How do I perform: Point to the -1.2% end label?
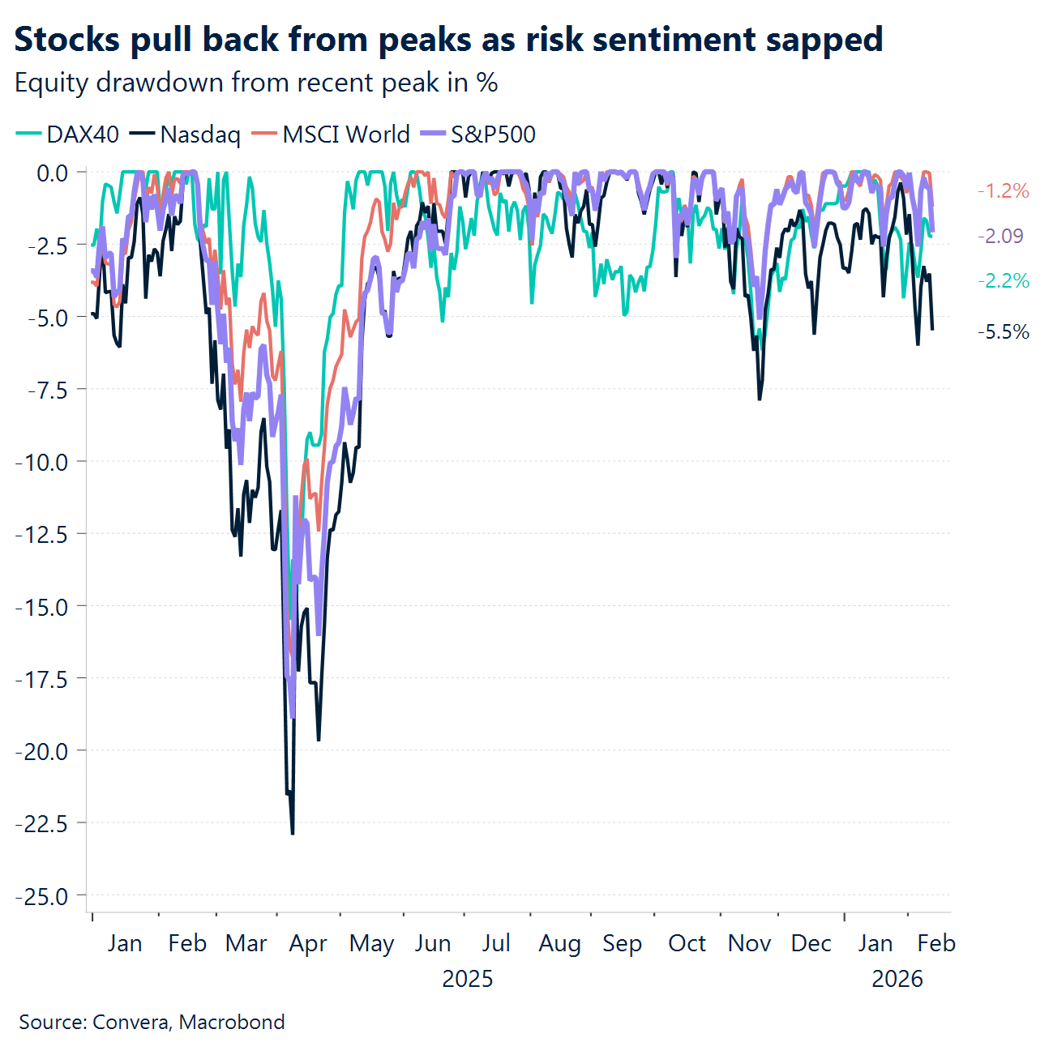(1003, 191)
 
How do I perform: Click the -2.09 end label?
(1000, 236)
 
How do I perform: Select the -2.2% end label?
(1003, 281)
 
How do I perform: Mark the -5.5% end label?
(1003, 332)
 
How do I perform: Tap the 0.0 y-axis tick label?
(53, 173)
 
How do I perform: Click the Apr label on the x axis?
(308, 944)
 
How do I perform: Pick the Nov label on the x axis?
(749, 944)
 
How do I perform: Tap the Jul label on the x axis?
(496, 944)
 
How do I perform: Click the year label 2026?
(897, 979)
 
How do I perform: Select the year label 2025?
(468, 979)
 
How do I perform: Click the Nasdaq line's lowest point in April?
(293, 833)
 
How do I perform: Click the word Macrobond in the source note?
(232, 1022)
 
